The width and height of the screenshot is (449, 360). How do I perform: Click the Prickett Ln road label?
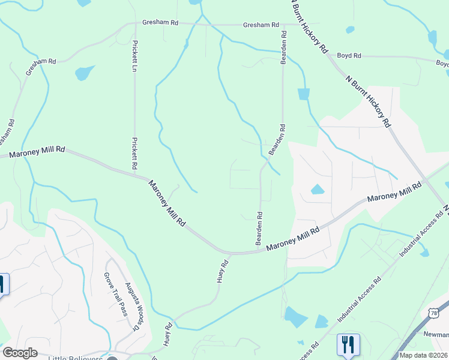point(135,56)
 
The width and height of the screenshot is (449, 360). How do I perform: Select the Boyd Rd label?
point(349,56)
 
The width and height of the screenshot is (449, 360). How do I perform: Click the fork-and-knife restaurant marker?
point(348,344)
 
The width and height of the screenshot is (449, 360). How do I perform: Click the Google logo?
point(20,353)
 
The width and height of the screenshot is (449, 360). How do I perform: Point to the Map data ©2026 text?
point(422,355)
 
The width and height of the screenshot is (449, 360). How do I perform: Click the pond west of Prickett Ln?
point(85,73)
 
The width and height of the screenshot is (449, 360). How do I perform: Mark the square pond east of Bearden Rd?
point(303,94)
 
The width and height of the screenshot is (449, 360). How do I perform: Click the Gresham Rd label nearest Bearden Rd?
point(261,25)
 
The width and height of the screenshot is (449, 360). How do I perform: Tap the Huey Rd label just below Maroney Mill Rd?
point(222,271)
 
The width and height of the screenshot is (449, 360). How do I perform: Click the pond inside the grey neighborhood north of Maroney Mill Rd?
point(317,190)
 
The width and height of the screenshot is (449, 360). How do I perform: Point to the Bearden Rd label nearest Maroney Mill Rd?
point(260,228)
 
